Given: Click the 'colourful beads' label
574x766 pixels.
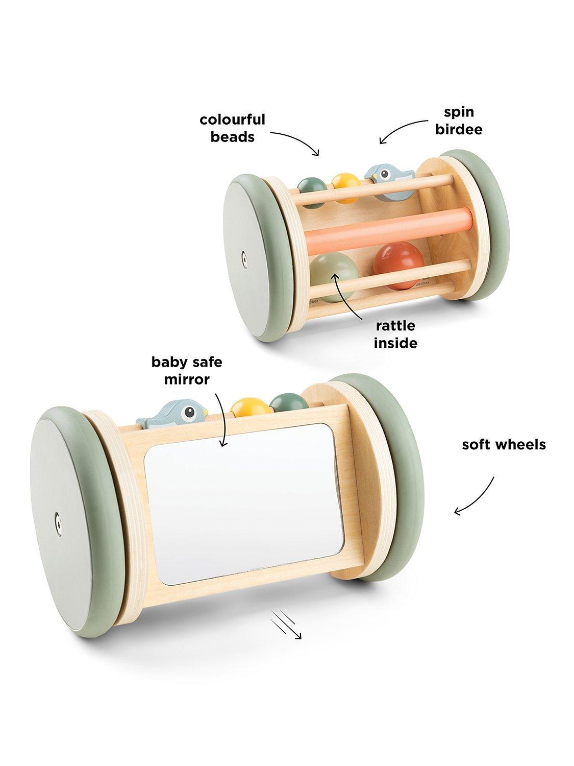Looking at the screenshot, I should pyautogui.click(x=232, y=128).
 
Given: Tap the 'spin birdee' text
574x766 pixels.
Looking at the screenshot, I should pyautogui.click(x=458, y=121).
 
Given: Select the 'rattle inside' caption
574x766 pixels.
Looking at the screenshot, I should pyautogui.click(x=395, y=334).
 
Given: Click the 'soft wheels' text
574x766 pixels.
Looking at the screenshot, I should pyautogui.click(x=504, y=444).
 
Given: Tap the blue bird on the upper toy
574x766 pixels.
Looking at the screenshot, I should pyautogui.click(x=383, y=175).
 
